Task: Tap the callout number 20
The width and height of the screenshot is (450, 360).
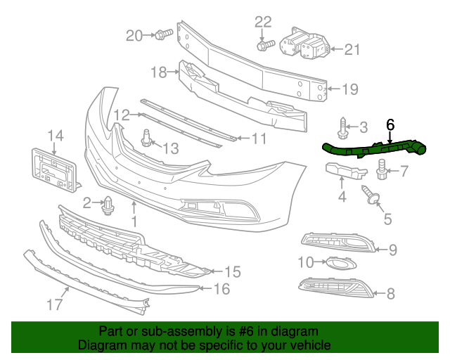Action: tap(134, 34)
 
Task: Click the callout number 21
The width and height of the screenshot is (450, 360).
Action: tap(352, 49)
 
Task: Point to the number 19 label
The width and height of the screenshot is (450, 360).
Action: tap(350, 89)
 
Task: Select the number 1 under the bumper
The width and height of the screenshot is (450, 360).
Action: tap(134, 222)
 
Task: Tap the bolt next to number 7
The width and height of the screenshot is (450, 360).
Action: tap(383, 168)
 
